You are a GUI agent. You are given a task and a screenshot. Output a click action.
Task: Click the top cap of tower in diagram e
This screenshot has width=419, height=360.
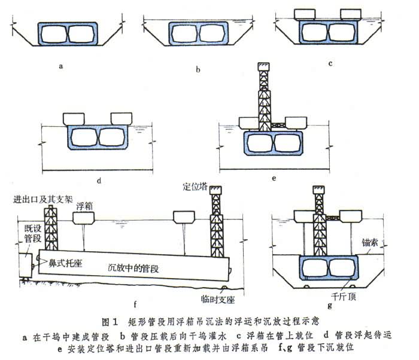click(x=263, y=66)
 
